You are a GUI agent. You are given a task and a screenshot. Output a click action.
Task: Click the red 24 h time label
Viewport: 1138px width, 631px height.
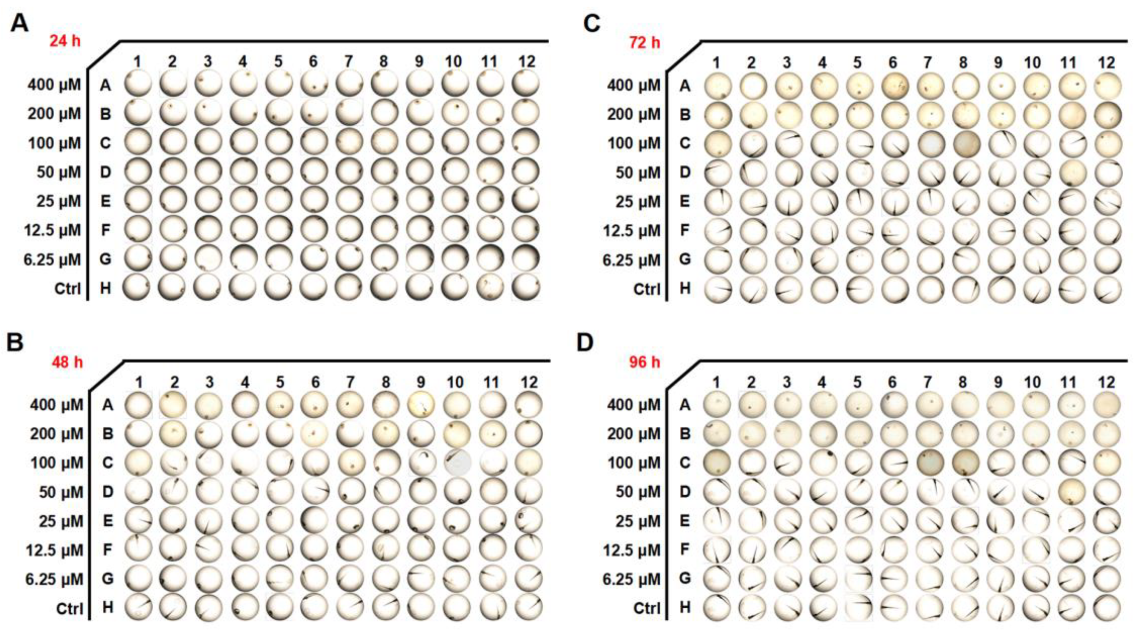coord(65,41)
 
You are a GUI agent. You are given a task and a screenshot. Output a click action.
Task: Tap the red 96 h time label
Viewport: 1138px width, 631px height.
coord(645,362)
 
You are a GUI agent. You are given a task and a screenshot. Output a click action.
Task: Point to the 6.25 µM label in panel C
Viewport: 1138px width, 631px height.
coord(632,260)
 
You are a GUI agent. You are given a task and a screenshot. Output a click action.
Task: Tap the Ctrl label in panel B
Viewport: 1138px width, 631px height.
coord(69,609)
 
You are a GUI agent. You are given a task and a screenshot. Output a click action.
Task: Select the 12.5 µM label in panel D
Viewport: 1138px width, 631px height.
coord(632,550)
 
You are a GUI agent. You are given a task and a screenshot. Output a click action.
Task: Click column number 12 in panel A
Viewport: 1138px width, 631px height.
coord(527,62)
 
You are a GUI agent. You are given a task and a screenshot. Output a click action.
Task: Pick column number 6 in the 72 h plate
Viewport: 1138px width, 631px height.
coord(893,63)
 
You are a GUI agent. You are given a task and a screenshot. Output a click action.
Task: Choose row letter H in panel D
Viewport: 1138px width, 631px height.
coord(685,608)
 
